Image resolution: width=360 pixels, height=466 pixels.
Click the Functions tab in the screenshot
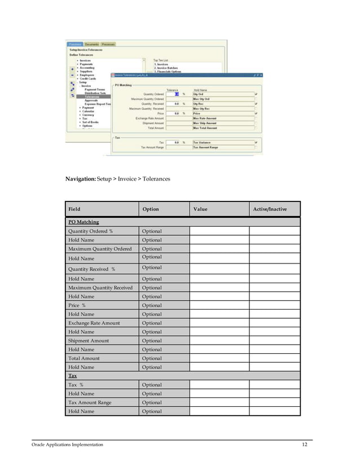tap(75, 44)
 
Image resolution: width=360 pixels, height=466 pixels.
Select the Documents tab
tap(92, 44)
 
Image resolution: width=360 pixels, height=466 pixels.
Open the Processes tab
tap(108, 44)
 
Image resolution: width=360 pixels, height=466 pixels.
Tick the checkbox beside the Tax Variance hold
tap(256, 143)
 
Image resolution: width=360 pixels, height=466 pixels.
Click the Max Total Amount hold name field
tap(222, 128)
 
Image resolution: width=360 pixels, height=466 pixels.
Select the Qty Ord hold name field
tap(222, 94)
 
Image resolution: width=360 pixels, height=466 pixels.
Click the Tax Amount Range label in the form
tap(151, 147)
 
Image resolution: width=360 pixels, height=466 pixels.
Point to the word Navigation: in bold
tap(80, 179)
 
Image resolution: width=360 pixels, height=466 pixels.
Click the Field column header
tap(74, 209)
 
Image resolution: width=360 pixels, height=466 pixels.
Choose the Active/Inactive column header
tap(270, 209)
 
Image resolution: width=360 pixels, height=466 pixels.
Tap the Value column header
tap(200, 209)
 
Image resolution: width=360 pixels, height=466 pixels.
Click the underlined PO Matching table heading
tap(84, 222)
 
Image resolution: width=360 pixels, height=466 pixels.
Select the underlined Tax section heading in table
tap(73, 376)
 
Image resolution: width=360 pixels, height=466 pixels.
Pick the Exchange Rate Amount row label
tap(94, 323)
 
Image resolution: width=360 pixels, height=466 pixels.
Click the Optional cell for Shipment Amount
tap(152, 341)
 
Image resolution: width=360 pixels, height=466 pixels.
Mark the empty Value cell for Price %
tap(219, 305)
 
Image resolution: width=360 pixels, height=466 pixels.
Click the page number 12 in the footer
tap(305, 445)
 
